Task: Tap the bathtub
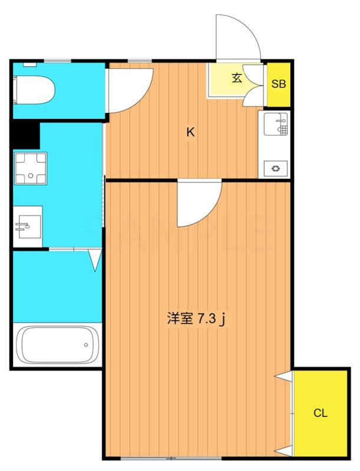coord(57,344)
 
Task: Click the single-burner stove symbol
coord(275,169)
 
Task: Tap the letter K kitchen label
coord(190,132)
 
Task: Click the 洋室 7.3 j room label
coord(197,319)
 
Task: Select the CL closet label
coord(320,413)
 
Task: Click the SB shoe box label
coord(278,84)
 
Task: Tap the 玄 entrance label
coord(236,78)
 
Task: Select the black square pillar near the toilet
coord(25,135)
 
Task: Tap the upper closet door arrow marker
coord(283,376)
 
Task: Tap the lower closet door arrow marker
coord(283,451)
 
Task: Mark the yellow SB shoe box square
coord(278,84)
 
